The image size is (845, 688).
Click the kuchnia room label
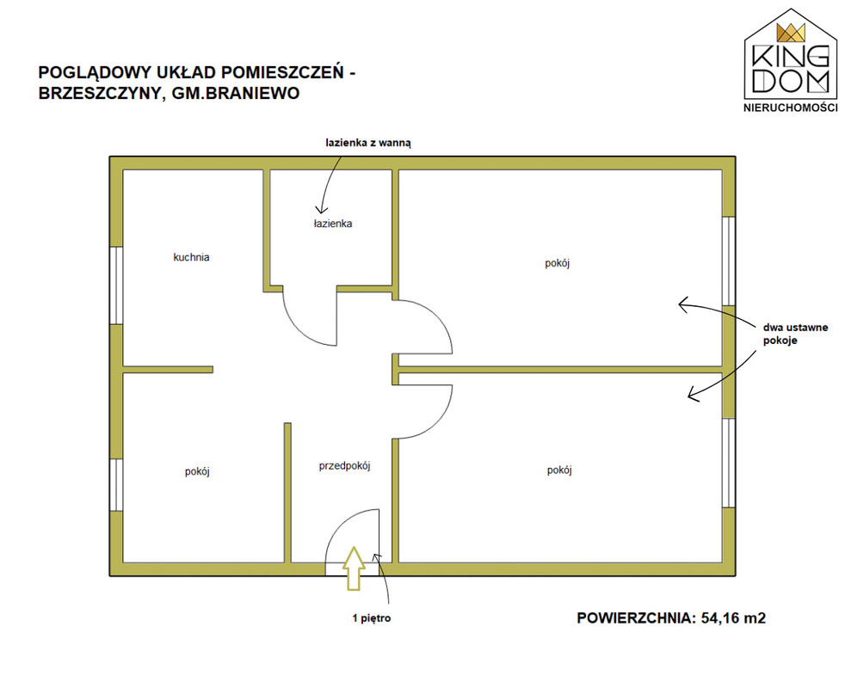coord(191,257)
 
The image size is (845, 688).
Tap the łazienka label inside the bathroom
coord(333,223)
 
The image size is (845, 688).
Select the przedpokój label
coord(344,466)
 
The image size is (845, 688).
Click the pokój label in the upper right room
coord(558,263)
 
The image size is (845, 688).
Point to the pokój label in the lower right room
coord(559,470)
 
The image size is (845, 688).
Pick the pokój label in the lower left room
coord(197,471)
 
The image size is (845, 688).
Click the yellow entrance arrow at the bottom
coord(354,568)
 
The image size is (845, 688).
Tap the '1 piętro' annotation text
coord(372,618)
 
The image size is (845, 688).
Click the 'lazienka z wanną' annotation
coord(368,143)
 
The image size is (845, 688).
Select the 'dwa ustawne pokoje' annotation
coord(795,334)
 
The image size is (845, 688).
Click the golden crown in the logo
coord(791,33)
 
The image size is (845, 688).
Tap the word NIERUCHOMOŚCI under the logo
coord(791,107)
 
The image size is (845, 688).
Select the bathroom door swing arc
coord(305,324)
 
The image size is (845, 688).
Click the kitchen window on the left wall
coord(116,286)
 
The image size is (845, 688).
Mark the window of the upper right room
coord(729,261)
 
